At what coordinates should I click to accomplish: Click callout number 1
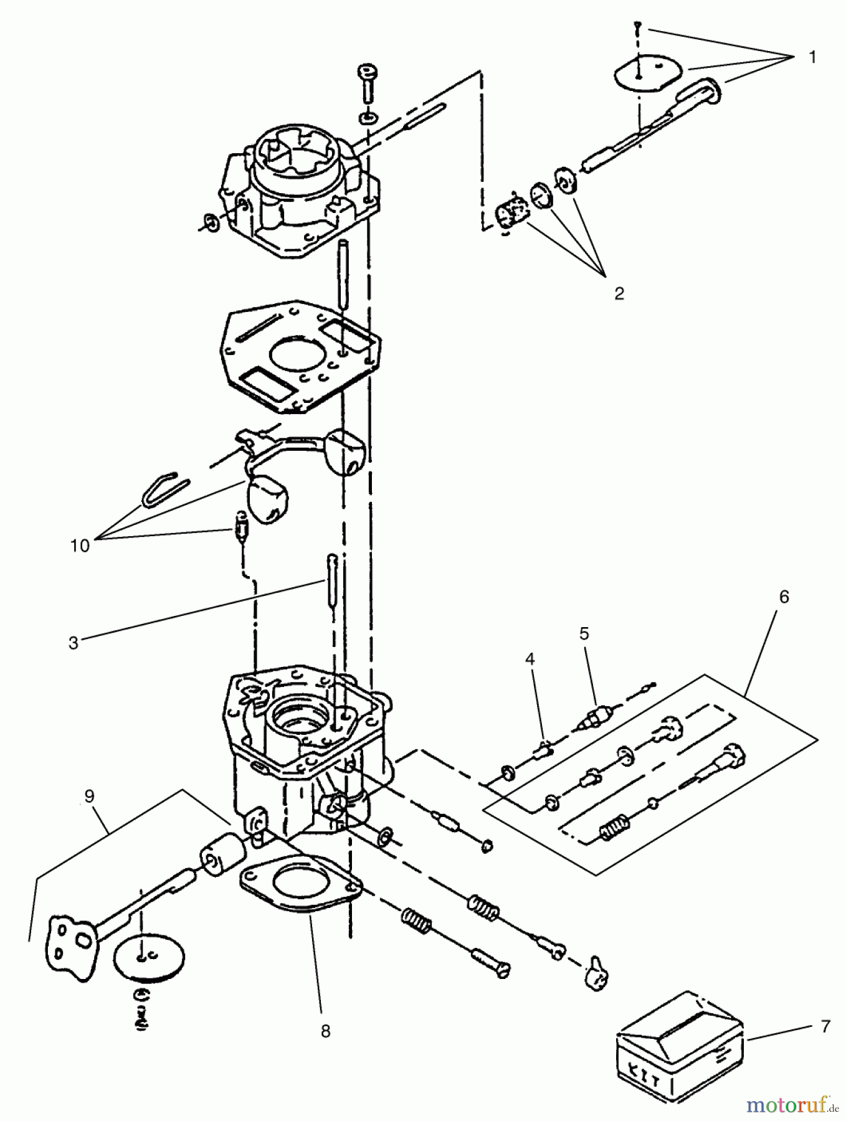click(x=812, y=57)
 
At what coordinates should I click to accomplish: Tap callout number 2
click(x=619, y=293)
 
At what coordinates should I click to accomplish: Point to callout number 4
click(x=530, y=659)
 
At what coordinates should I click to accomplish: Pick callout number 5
click(x=584, y=633)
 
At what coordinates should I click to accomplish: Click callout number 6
click(x=784, y=597)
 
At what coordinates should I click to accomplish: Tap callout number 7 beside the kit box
click(x=825, y=1026)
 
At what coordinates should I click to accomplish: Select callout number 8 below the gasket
click(x=325, y=1031)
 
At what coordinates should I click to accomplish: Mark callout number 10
click(x=80, y=546)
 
